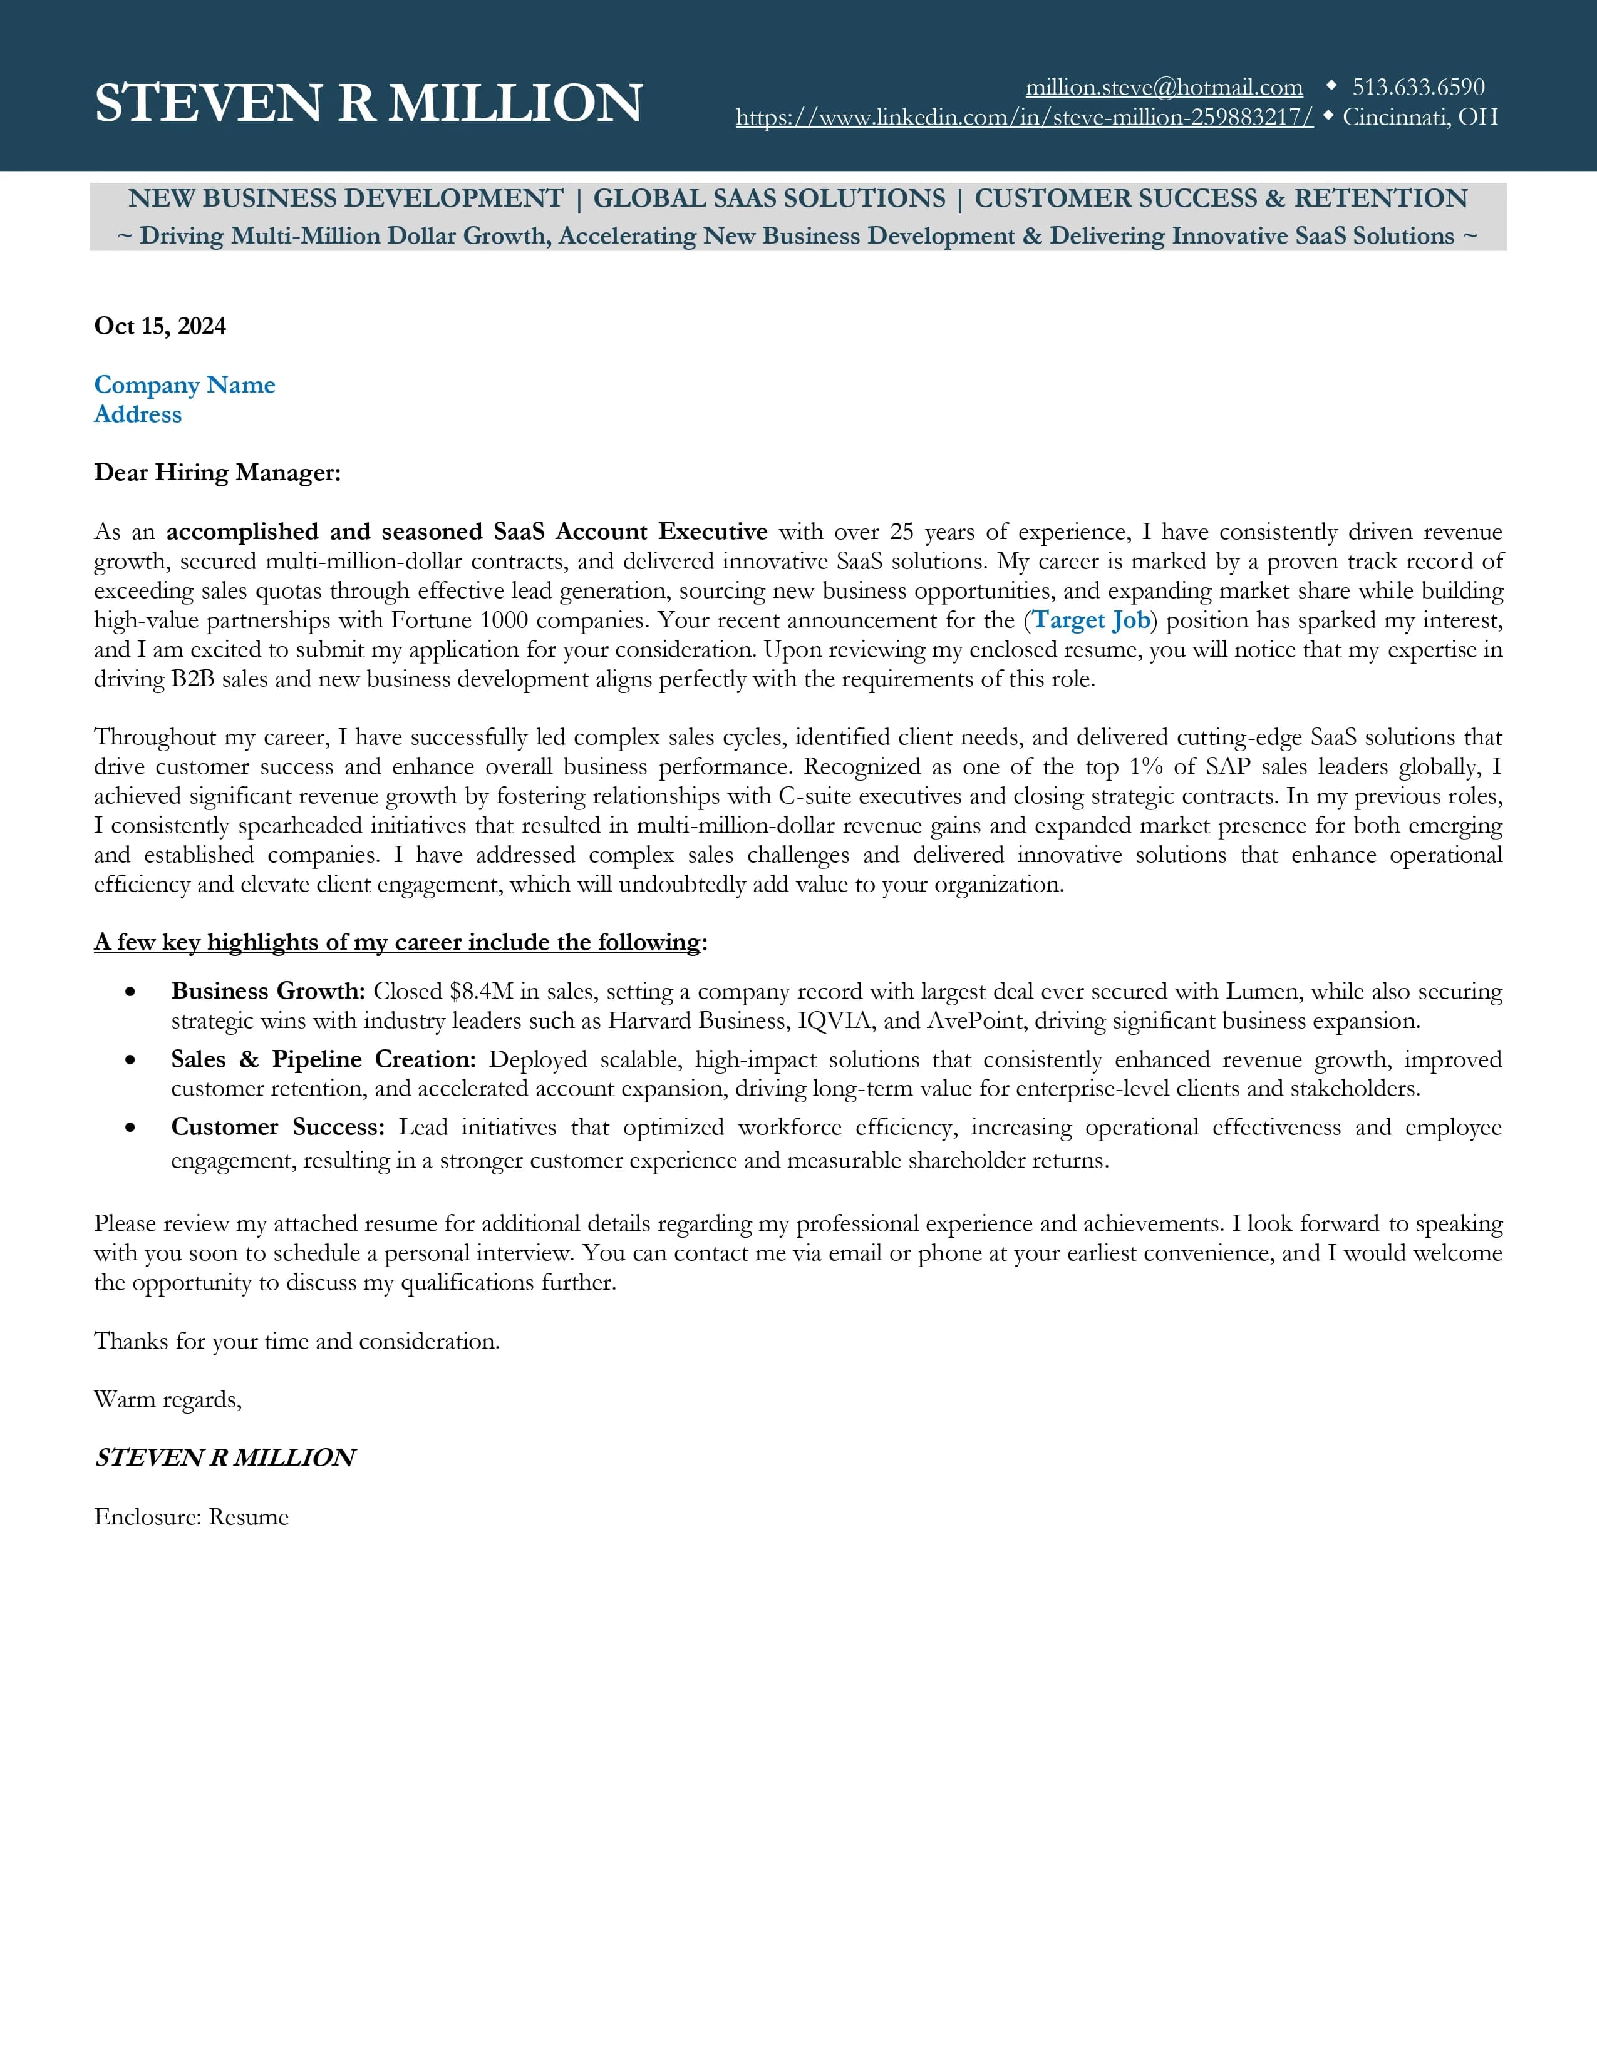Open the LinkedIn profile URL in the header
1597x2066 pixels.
pos(1024,117)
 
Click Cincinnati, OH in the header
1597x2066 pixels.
pos(1419,117)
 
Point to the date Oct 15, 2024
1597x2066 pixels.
pos(160,326)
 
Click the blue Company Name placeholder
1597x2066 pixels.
pos(185,385)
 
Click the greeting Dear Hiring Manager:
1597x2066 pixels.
pos(217,472)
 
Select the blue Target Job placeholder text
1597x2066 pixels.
pos(1091,620)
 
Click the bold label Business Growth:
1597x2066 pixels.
pos(268,992)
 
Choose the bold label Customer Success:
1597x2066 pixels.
pos(277,1128)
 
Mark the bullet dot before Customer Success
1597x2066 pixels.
pos(130,1128)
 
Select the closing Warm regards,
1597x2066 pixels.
pos(167,1399)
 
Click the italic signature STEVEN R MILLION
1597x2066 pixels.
pos(225,1457)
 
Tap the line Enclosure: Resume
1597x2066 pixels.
pos(191,1518)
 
